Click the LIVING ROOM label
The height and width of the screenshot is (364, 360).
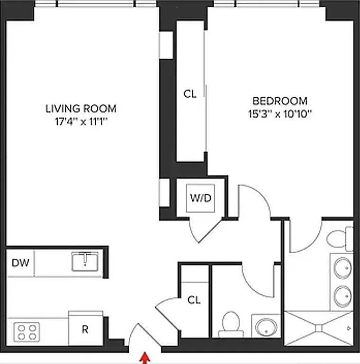point(81,109)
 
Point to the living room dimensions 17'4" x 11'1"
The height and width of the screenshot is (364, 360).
point(81,121)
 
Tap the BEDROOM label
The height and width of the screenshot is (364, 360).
point(279,101)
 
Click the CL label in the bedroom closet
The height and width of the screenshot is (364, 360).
point(189,94)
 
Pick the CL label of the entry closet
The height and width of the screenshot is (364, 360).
point(194,300)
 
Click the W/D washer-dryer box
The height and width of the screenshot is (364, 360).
point(200,197)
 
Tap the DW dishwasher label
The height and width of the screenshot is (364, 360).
point(20,262)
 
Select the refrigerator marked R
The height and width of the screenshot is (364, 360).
point(85,329)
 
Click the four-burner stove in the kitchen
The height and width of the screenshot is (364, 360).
point(27,331)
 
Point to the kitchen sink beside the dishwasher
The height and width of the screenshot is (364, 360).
point(85,261)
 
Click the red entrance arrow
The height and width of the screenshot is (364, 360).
point(145,356)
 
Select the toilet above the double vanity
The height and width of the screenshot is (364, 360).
point(340,240)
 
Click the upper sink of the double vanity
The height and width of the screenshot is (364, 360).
point(343,268)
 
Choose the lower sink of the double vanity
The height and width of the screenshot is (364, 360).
point(343,297)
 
